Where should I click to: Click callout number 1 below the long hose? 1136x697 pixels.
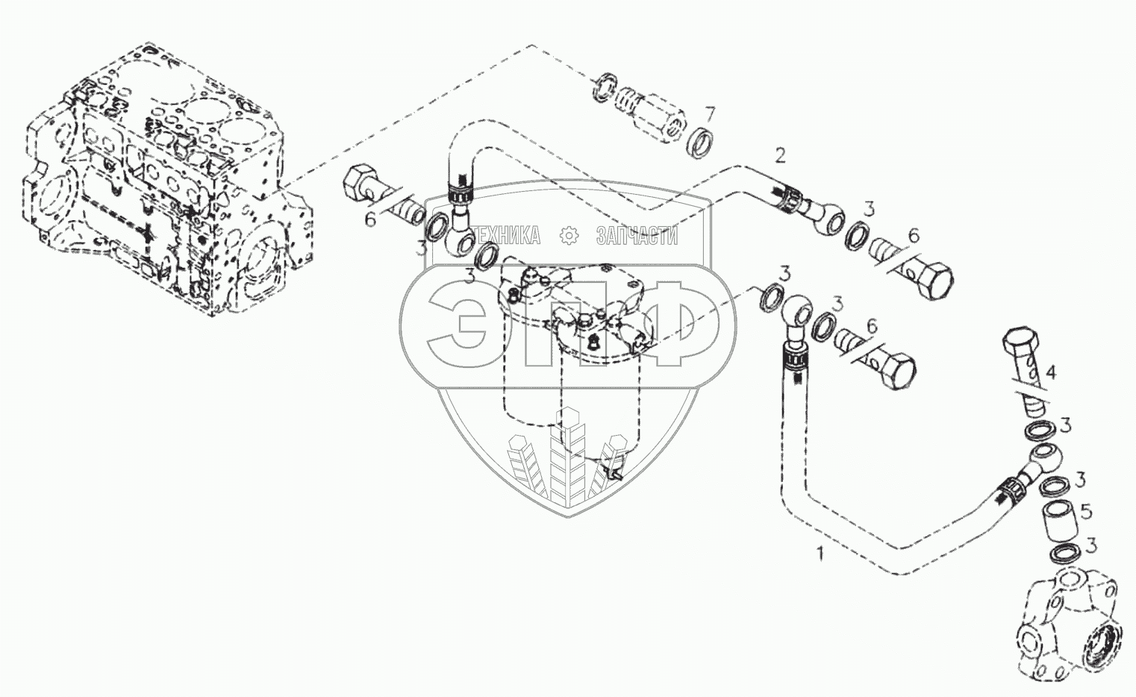tap(821, 554)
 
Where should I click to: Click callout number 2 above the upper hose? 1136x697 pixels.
tap(780, 156)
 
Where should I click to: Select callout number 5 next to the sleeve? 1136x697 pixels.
tap(1086, 512)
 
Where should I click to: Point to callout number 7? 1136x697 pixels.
tap(710, 114)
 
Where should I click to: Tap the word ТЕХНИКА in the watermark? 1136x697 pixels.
tap(507, 237)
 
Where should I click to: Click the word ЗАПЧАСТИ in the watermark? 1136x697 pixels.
tap(637, 237)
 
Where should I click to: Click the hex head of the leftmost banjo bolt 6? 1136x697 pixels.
tap(362, 184)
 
